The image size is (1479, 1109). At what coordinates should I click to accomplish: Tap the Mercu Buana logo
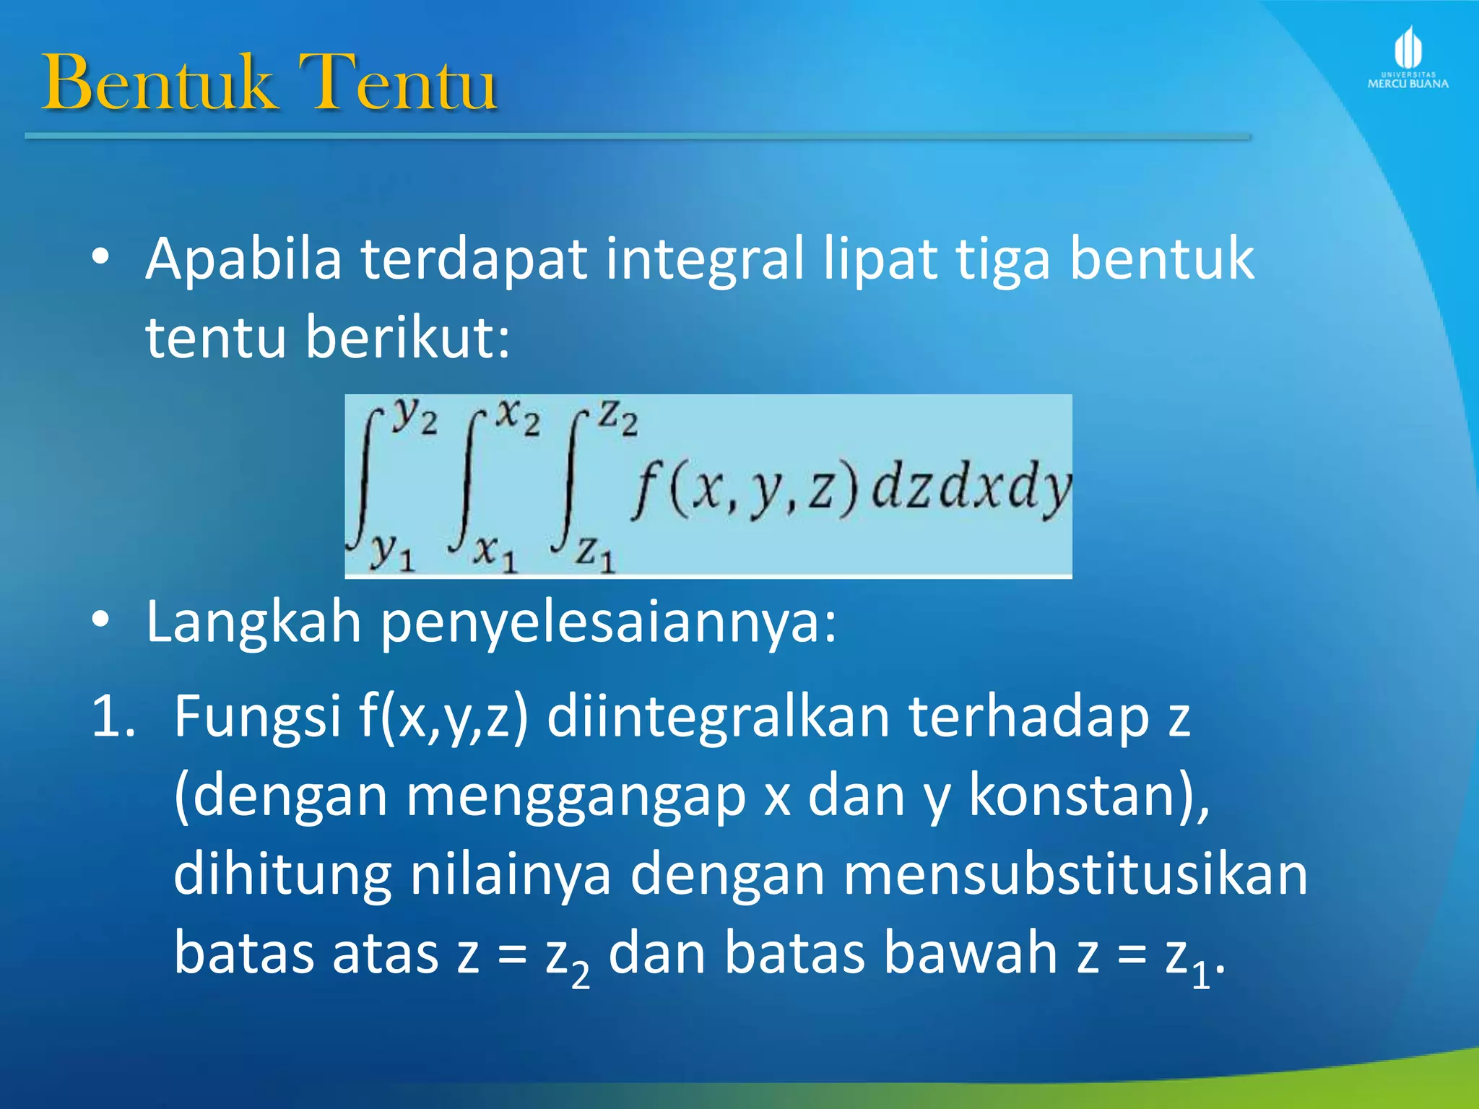(x=1408, y=58)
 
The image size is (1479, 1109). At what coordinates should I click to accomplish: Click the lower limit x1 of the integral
(x=495, y=553)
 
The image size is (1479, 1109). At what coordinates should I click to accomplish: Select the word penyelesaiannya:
(x=609, y=622)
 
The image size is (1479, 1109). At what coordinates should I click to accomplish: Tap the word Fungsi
(x=257, y=716)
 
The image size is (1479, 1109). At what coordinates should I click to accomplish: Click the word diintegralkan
(x=718, y=716)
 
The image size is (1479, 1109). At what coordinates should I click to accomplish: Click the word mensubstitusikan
(x=1076, y=874)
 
